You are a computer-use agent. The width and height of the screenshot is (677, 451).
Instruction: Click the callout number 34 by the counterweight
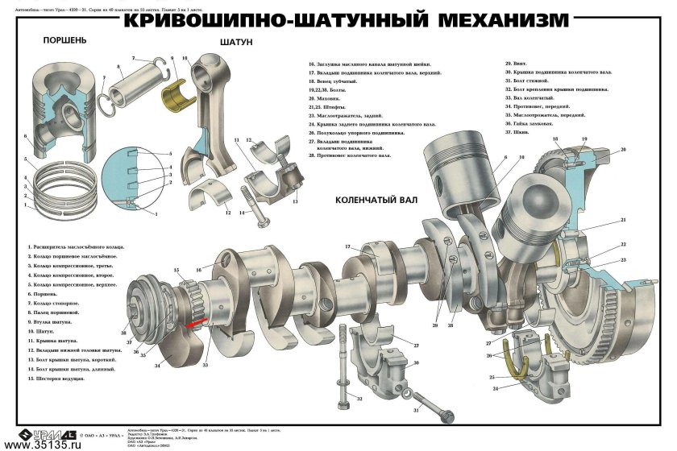(x=158, y=366)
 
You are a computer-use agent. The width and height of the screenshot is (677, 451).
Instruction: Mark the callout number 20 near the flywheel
(x=623, y=150)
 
